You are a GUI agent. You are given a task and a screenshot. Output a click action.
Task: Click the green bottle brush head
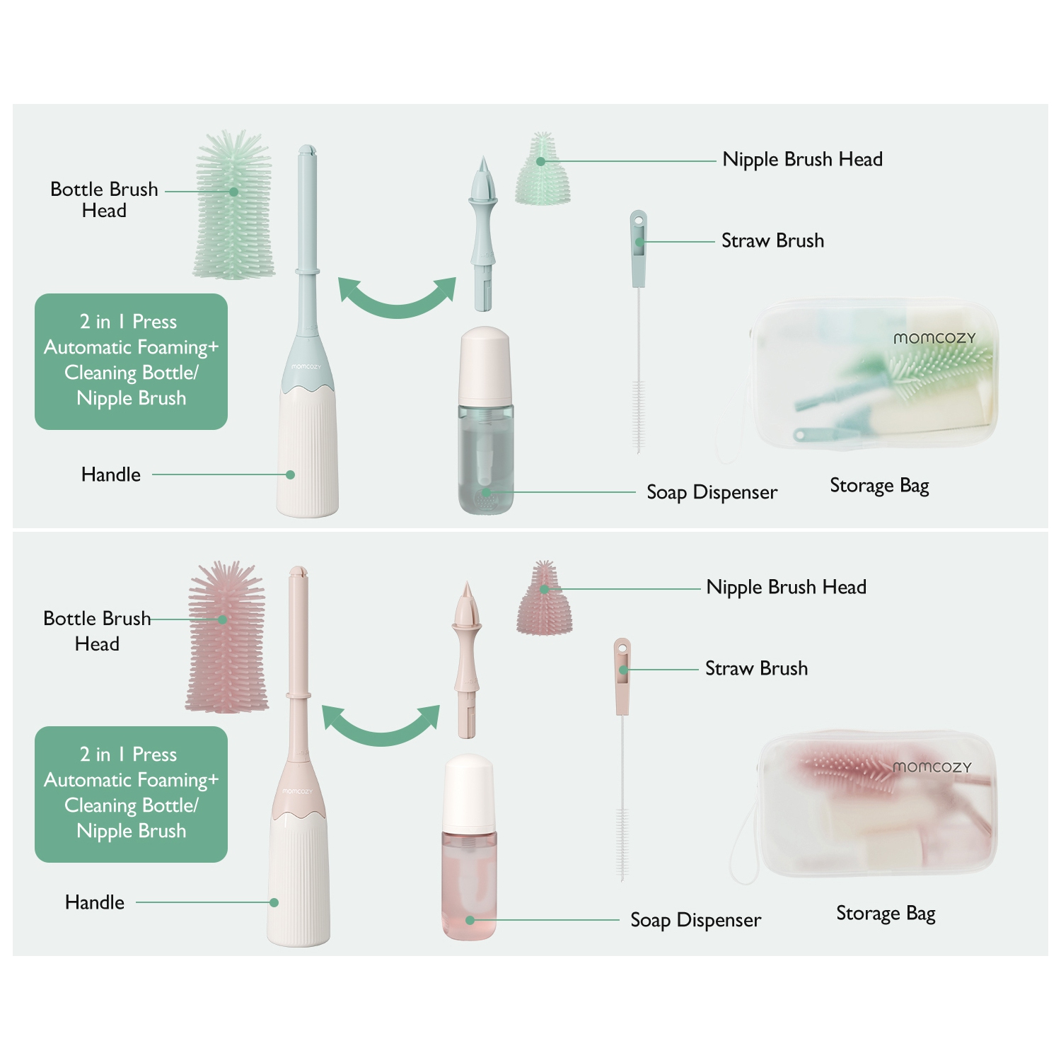(x=233, y=205)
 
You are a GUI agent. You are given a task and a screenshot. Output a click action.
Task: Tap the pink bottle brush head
(x=226, y=636)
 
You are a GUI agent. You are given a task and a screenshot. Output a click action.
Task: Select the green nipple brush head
(x=543, y=170)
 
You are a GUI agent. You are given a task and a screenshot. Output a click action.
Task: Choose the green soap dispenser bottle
(x=485, y=421)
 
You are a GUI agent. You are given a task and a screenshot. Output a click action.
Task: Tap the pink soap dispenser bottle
(x=469, y=848)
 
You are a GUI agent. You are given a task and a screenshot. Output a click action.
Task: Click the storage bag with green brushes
(x=874, y=375)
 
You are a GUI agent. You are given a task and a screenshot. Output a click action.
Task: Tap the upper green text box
(x=131, y=361)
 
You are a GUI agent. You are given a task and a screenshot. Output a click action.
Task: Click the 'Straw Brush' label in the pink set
(x=756, y=668)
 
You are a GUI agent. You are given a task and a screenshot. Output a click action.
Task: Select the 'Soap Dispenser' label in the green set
(x=712, y=492)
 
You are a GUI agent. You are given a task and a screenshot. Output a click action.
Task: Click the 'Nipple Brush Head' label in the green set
(x=802, y=160)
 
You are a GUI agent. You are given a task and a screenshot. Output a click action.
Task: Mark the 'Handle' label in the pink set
(x=95, y=902)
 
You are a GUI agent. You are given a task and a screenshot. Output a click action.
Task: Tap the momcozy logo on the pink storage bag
(x=932, y=767)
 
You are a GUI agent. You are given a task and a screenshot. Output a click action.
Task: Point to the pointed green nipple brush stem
(x=483, y=233)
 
